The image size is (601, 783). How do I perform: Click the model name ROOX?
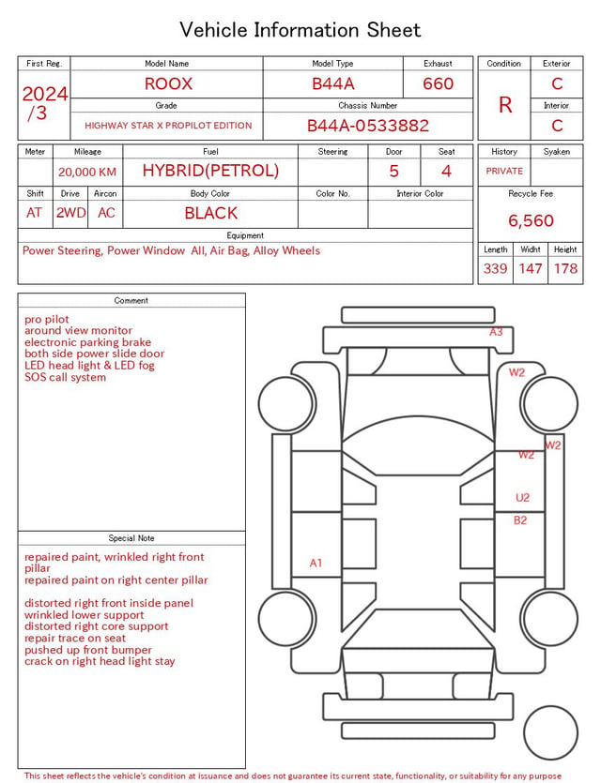point(168,83)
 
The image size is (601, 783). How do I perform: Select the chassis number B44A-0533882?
point(368,126)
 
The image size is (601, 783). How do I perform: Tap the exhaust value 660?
point(438,83)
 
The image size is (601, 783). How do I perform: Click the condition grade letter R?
point(505,105)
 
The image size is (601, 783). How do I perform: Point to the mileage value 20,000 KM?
point(87,173)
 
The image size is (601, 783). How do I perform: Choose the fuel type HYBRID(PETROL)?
point(210,171)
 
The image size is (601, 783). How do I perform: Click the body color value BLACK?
point(211,213)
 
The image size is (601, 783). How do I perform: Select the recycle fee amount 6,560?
point(531,220)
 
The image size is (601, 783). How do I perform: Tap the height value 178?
point(565,268)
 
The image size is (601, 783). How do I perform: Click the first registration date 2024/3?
point(44,103)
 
